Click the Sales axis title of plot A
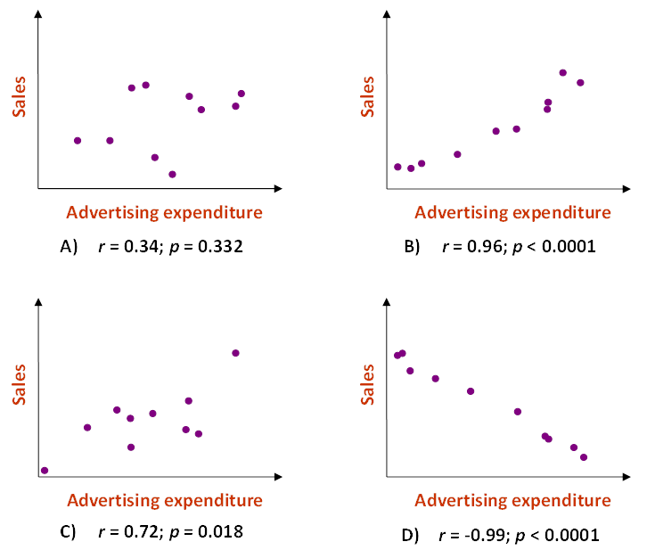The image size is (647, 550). [19, 98]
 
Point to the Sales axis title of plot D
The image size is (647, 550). [368, 383]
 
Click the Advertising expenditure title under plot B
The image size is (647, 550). [512, 212]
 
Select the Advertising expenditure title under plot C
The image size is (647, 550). [165, 499]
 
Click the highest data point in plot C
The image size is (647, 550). [236, 353]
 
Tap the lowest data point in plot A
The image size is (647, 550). [172, 174]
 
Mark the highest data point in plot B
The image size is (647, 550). [562, 73]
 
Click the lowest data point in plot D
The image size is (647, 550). [584, 457]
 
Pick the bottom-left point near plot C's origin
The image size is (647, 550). [45, 470]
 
